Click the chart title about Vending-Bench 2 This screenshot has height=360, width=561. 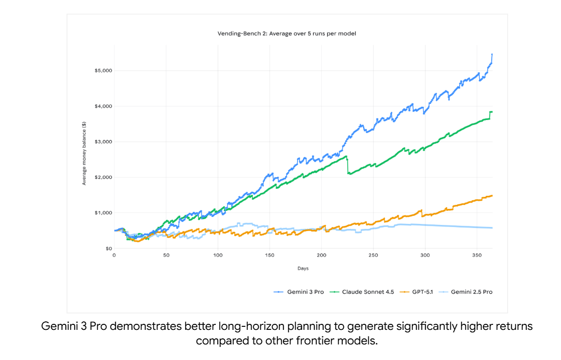click(287, 34)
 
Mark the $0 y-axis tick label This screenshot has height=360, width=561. click(107, 249)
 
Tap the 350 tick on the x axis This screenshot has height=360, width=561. click(476, 256)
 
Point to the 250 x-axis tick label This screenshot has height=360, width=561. click(373, 256)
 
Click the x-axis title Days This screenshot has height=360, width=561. click(303, 268)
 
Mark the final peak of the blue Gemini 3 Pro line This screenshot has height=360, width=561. click(492, 54)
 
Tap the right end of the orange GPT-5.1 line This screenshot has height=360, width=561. click(492, 195)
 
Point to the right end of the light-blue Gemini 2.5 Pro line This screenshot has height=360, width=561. click(492, 228)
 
